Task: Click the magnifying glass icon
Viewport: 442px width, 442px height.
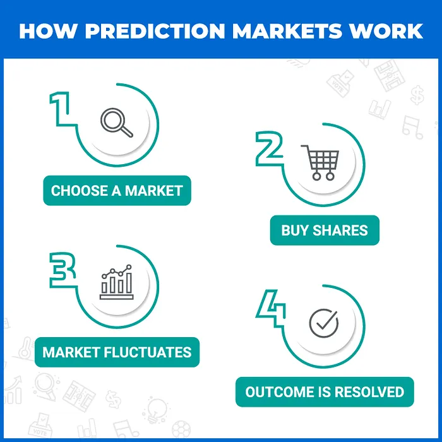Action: (117, 122)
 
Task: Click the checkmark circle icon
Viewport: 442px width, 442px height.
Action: (323, 323)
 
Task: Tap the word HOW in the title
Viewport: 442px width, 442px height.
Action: (43, 30)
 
